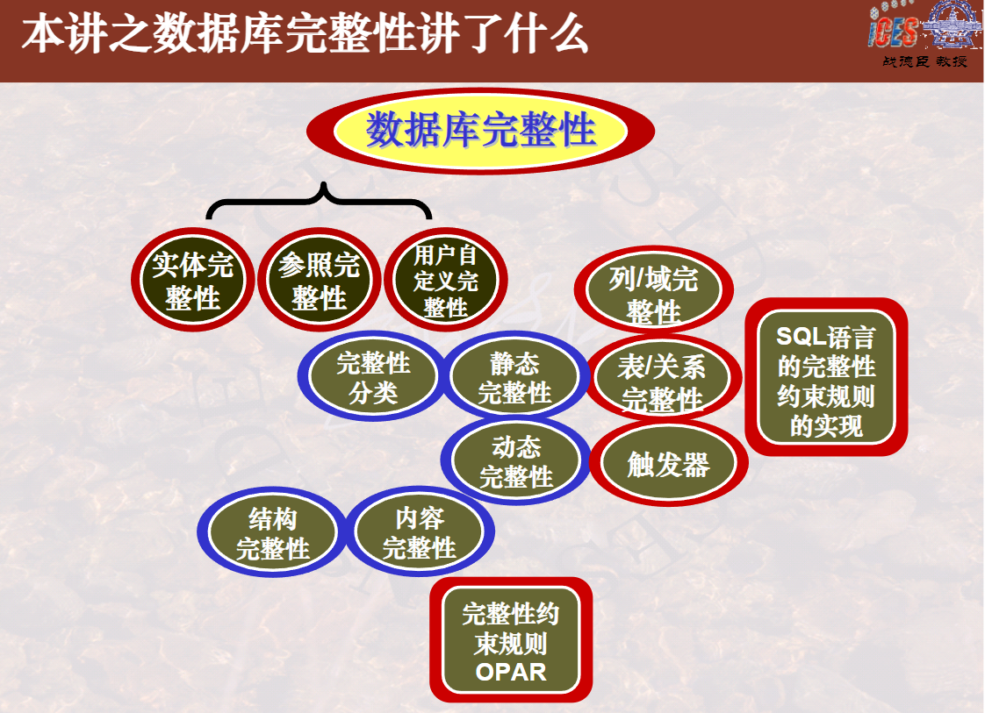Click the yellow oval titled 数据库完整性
pyautogui.click(x=480, y=132)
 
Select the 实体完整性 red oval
pyautogui.click(x=192, y=282)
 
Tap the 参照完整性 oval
pyautogui.click(x=319, y=282)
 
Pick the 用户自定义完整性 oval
pyautogui.click(x=445, y=282)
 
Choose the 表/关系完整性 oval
pyautogui.click(x=662, y=381)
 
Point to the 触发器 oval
pyautogui.click(x=667, y=464)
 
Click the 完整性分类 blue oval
pyautogui.click(x=373, y=377)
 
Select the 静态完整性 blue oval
pyautogui.click(x=514, y=378)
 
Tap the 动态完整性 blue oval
pyautogui.click(x=516, y=462)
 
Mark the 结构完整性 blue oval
pyautogui.click(x=272, y=534)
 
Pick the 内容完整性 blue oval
pyautogui.click(x=420, y=532)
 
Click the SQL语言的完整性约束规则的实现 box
pyautogui.click(x=825, y=377)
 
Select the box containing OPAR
pyautogui.click(x=510, y=642)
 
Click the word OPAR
pyautogui.click(x=510, y=673)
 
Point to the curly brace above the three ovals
pyautogui.click(x=320, y=200)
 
